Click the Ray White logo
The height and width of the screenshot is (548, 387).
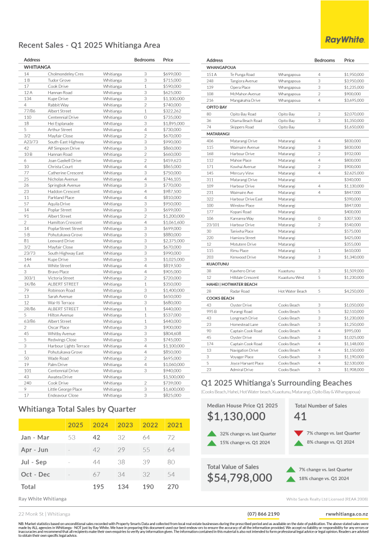tap(345, 40)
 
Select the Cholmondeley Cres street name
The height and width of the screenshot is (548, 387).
tap(66, 74)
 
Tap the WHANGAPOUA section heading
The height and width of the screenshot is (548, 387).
tap(221, 68)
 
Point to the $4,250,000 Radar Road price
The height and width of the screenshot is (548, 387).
tap(354, 291)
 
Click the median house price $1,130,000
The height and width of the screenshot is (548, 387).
tap(236, 416)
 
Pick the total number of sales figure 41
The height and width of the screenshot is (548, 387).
tap(300, 416)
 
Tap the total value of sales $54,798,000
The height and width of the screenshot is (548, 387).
tap(240, 477)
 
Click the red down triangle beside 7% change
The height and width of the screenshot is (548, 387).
tap(299, 433)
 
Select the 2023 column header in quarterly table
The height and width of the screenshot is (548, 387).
tap(125, 425)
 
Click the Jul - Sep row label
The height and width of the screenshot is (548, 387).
tap(34, 462)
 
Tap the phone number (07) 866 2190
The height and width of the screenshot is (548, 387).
tap(263, 514)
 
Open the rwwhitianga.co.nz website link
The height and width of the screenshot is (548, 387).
tap(346, 514)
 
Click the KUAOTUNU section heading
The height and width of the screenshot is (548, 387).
tap(218, 264)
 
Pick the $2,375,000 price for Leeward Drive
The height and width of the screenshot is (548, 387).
tap(173, 241)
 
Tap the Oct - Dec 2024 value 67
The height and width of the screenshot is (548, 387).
tap(97, 474)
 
